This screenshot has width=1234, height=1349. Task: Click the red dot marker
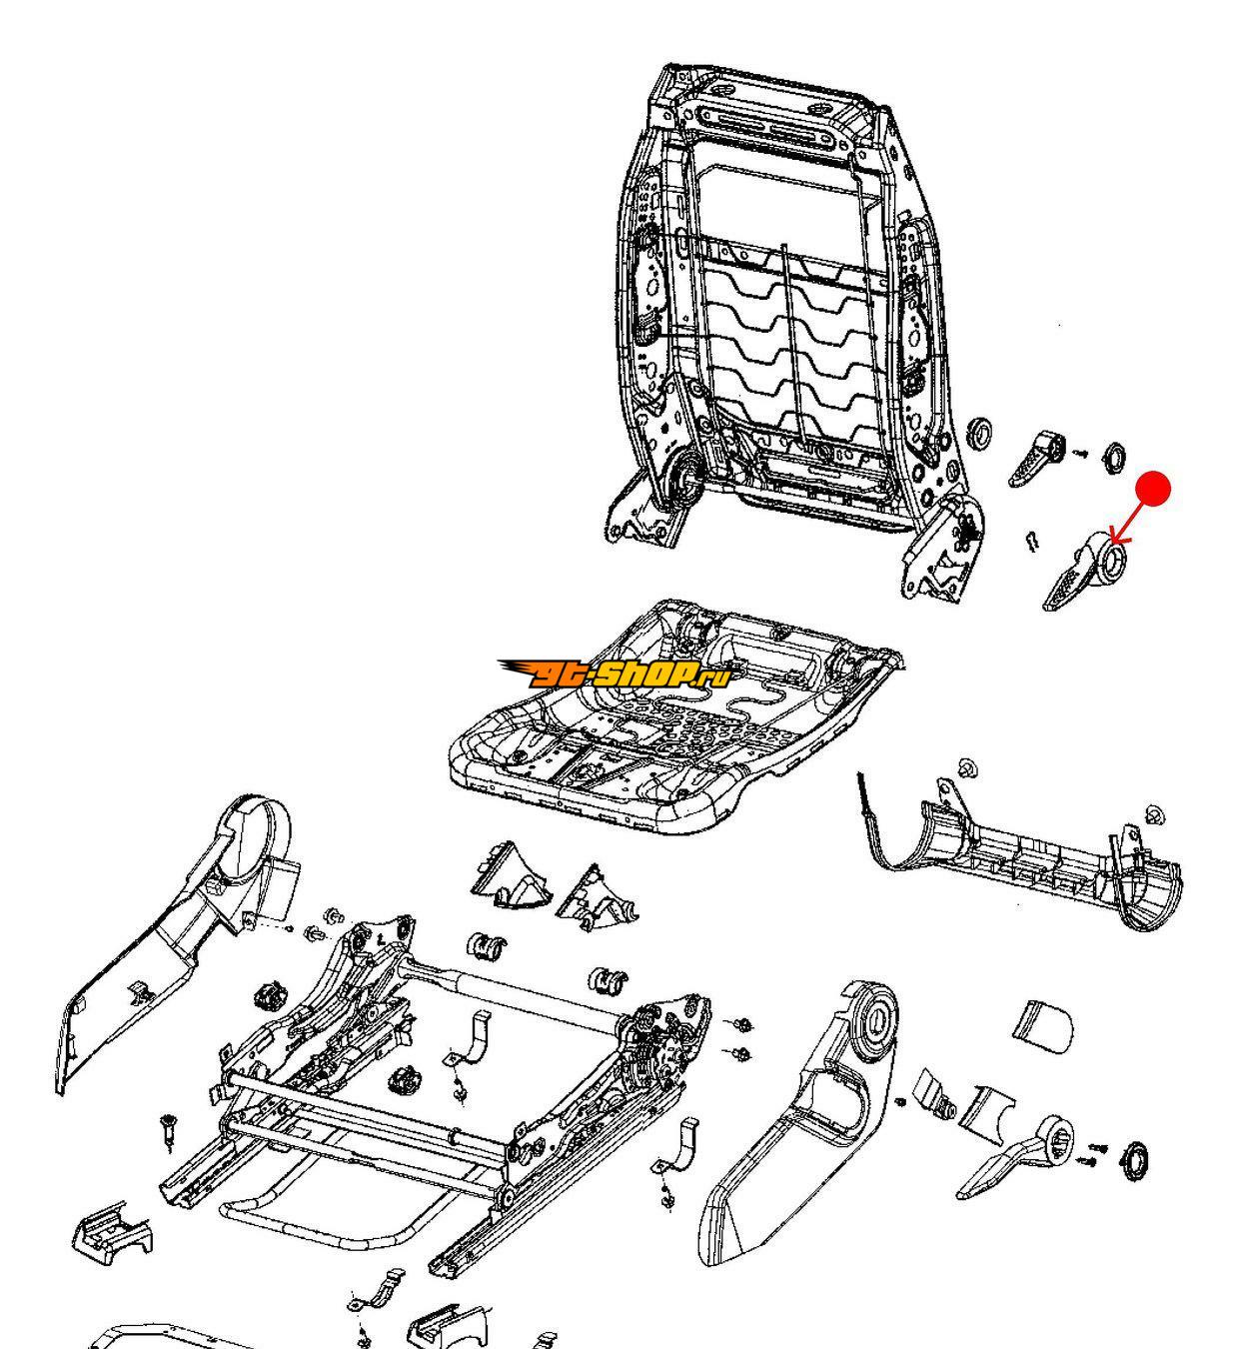1154,488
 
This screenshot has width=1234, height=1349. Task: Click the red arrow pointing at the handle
1133,517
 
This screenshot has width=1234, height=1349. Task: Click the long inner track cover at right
1029,859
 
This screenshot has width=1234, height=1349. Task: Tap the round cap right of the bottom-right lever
1135,1163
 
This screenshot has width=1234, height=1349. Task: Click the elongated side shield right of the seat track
799,1129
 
